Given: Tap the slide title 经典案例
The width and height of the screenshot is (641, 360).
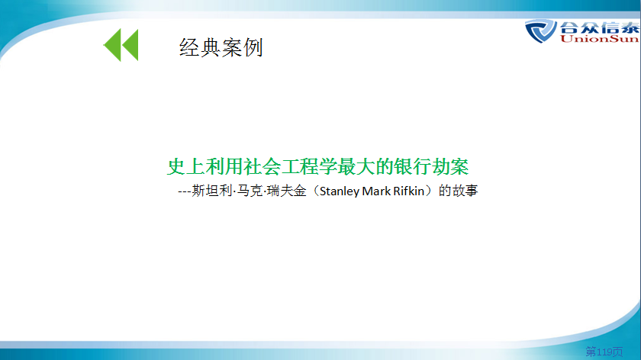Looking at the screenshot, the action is point(221,47).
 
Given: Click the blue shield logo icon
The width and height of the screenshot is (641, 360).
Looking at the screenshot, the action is point(540,31).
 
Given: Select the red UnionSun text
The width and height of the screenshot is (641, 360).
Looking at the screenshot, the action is point(599,39).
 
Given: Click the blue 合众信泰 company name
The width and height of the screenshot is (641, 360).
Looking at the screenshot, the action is point(600,27).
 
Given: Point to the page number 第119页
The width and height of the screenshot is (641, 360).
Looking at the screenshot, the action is point(604,352).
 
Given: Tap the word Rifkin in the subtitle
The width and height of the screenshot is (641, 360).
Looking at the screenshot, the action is point(409,191).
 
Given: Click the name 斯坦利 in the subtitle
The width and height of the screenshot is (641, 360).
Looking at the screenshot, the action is point(212,191).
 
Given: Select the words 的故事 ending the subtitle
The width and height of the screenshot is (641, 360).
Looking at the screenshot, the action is point(459,191).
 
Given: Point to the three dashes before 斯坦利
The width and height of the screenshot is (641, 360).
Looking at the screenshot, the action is point(185,191).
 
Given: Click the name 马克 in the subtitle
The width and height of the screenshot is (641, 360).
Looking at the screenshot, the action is point(250,191).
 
